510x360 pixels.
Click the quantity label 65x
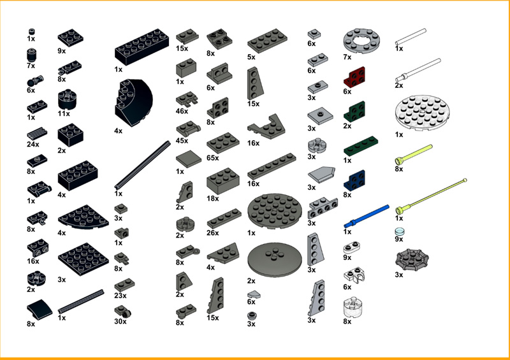213,157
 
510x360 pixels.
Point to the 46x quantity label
183,111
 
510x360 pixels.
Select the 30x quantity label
120,321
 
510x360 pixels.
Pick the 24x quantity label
33,144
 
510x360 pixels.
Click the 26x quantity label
213,233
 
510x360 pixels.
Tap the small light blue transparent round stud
400,231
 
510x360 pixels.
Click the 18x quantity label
213,199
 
